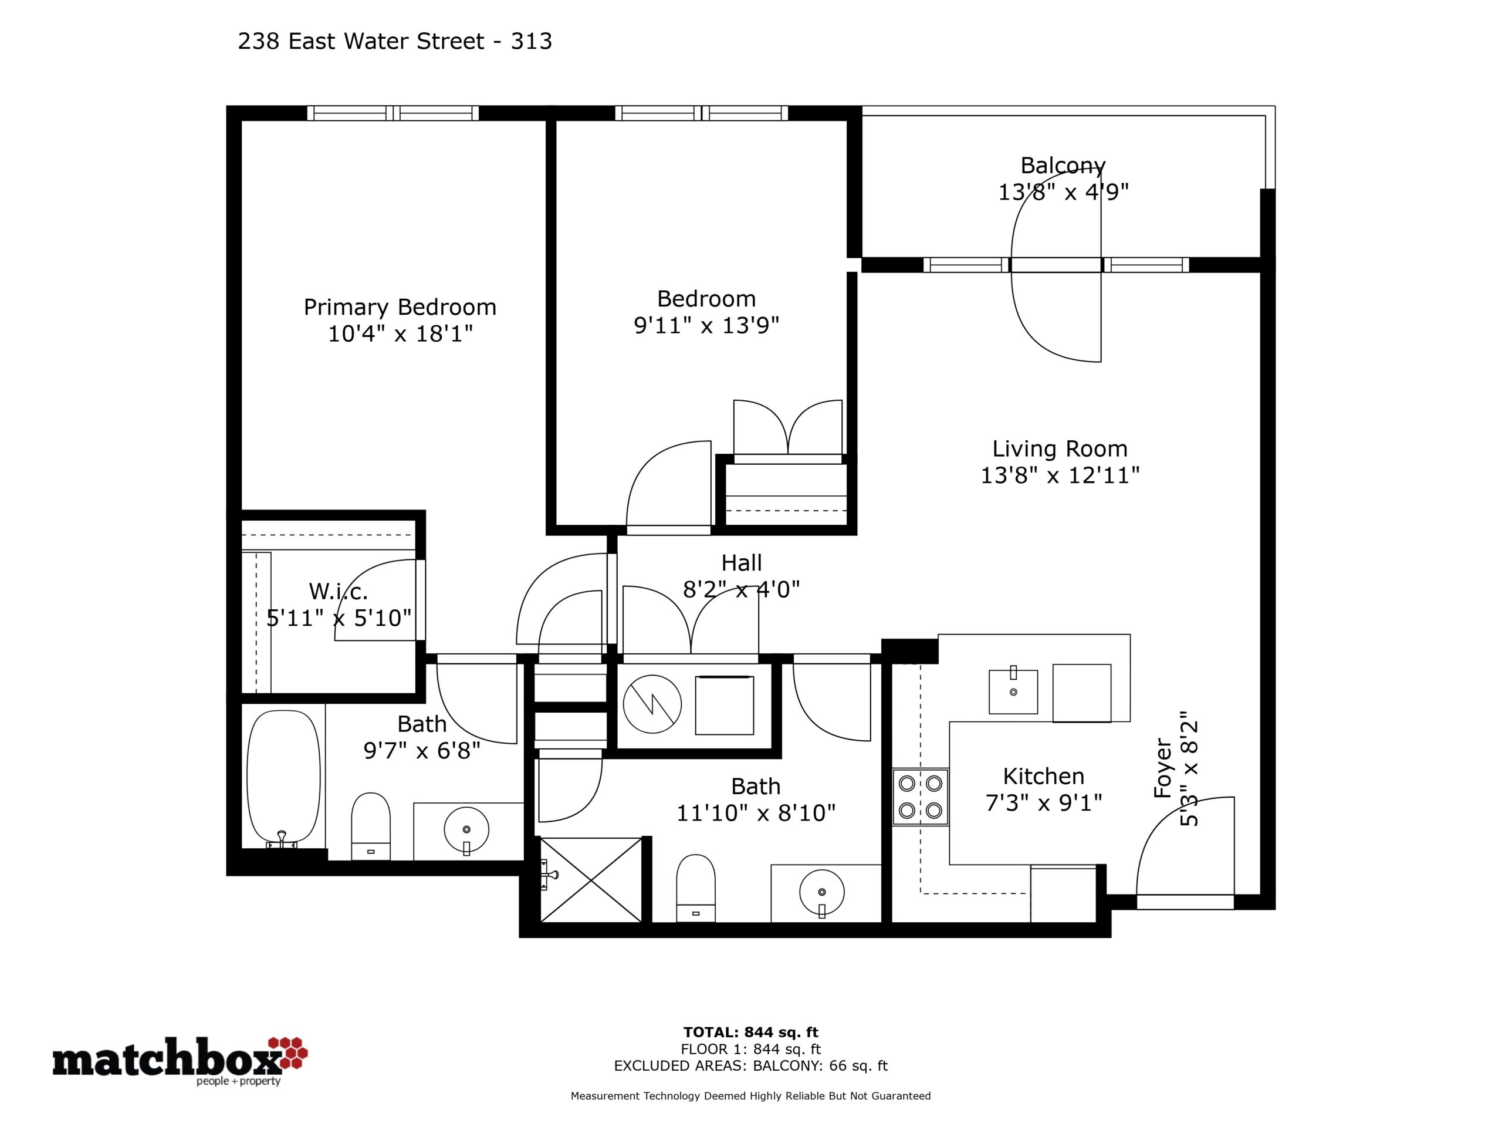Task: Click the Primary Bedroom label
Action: click(x=400, y=307)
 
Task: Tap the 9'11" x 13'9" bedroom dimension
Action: click(x=706, y=325)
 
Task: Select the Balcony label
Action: click(x=1063, y=166)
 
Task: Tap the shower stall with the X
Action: click(x=591, y=880)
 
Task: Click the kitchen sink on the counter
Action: click(x=1013, y=691)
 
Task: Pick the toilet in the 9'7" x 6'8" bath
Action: click(x=371, y=826)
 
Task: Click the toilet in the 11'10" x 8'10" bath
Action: click(x=696, y=888)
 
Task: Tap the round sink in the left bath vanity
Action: click(x=466, y=829)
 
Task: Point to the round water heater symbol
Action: click(x=652, y=704)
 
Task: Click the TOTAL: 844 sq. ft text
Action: click(x=750, y=1032)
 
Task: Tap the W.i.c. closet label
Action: click(x=338, y=591)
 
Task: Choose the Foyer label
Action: click(x=1163, y=768)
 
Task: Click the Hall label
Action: click(x=742, y=562)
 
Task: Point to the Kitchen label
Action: click(x=1044, y=776)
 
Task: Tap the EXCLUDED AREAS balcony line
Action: click(x=750, y=1066)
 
